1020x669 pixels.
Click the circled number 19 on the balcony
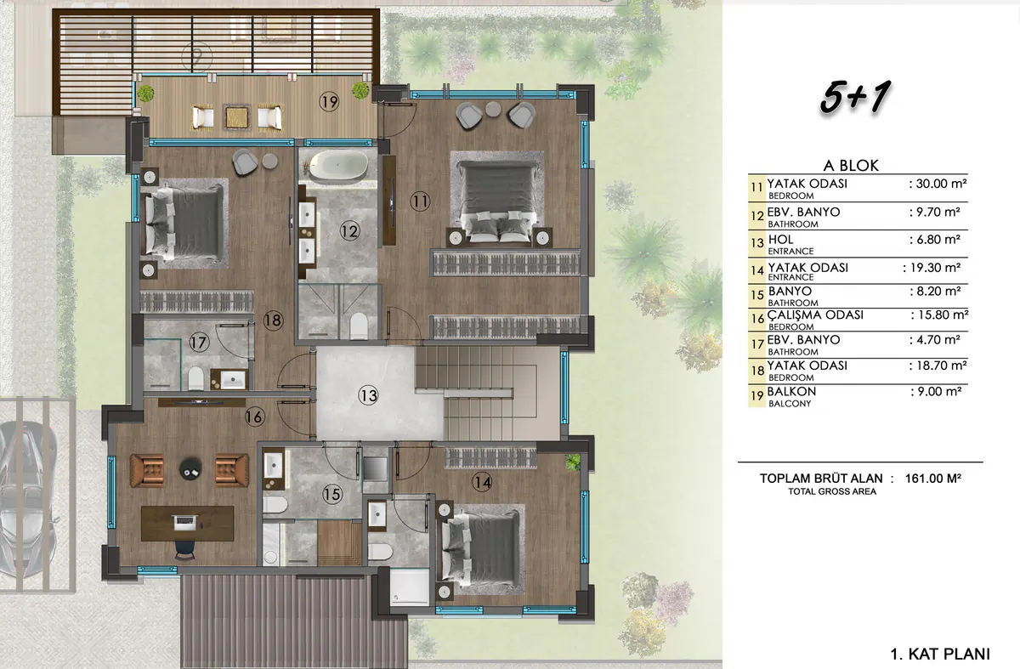[x=329, y=101]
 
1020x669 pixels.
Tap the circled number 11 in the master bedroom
[x=419, y=201]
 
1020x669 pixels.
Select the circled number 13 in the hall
[x=368, y=395]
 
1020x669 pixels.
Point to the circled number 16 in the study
[x=254, y=417]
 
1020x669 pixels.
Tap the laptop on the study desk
[x=185, y=522]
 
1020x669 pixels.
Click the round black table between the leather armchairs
[x=190, y=468]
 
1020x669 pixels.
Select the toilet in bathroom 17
[x=195, y=378]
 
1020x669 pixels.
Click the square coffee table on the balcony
[x=237, y=117]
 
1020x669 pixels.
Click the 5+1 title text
[x=855, y=97]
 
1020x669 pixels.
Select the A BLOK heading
[x=851, y=165]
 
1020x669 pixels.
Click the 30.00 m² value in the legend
[x=938, y=184]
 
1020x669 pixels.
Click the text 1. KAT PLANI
[x=940, y=654]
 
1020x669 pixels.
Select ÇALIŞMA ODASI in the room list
[x=815, y=315]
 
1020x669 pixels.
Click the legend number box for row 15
[x=757, y=295]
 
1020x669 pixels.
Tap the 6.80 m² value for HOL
[x=935, y=240]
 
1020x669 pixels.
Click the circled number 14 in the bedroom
[x=482, y=482]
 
